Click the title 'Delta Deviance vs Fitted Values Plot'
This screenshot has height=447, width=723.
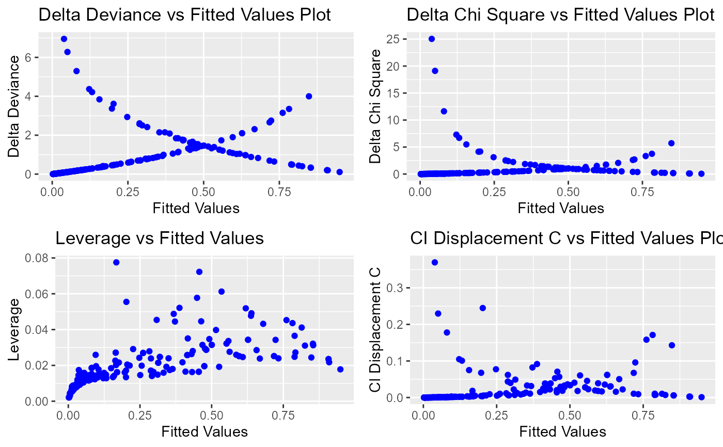pyautogui.click(x=185, y=15)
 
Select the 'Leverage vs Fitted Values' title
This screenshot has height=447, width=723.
pyautogui.click(x=160, y=238)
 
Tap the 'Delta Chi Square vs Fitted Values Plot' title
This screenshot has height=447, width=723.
pyautogui.click(x=560, y=15)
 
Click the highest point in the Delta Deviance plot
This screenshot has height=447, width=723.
pyautogui.click(x=64, y=39)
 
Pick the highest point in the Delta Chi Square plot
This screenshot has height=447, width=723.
pyautogui.click(x=432, y=39)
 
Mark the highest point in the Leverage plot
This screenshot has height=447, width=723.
pyautogui.click(x=116, y=262)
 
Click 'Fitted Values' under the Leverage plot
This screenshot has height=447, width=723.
pyautogui.click(x=205, y=432)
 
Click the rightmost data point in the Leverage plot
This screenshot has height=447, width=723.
pyautogui.click(x=340, y=369)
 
